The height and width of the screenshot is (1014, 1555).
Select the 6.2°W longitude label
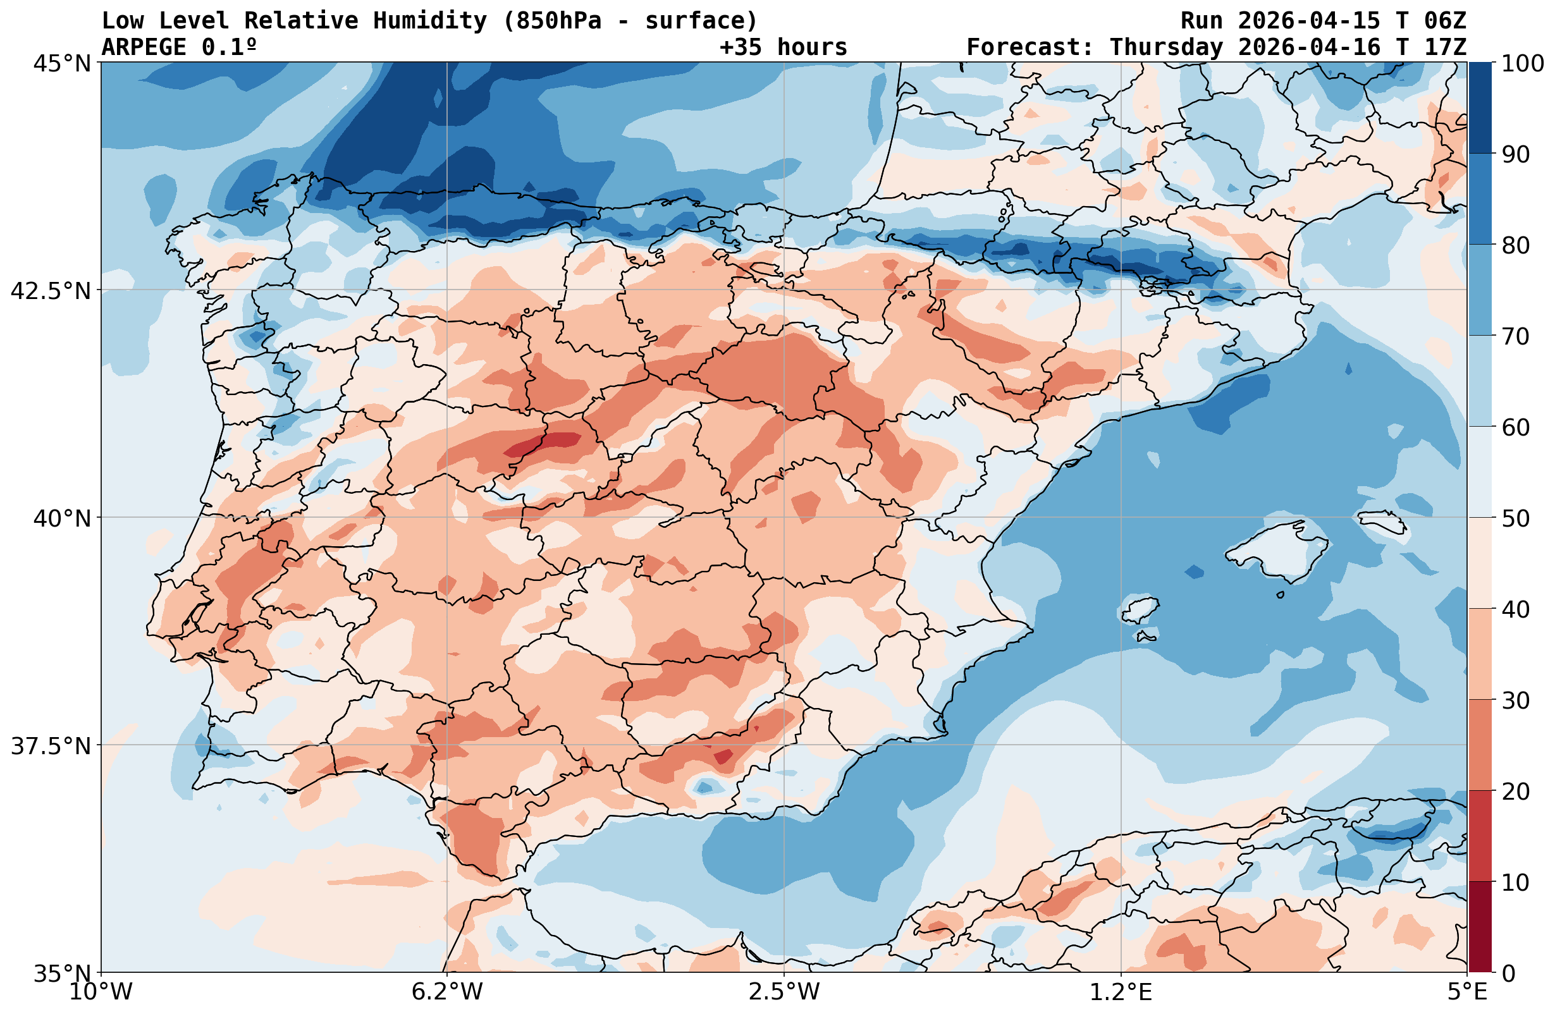(x=447, y=992)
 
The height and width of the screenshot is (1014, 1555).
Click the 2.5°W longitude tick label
(x=784, y=992)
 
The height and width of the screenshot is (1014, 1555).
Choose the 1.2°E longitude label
(x=1121, y=992)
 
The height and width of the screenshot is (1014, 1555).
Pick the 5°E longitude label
(x=1467, y=992)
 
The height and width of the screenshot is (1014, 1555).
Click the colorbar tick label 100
(x=1522, y=63)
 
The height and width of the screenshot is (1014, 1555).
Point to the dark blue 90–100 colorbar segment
(x=1480, y=108)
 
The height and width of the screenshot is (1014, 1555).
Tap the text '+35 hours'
(x=783, y=47)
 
